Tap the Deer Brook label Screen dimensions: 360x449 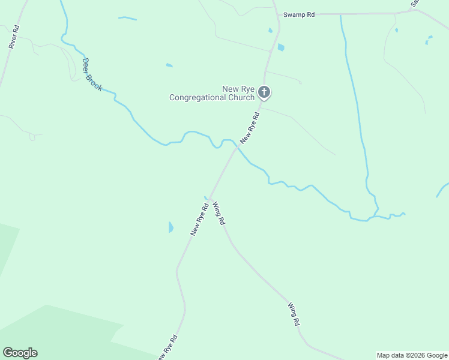tap(92, 75)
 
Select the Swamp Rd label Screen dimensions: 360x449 tap(299, 14)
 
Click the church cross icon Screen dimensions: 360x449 tap(264, 92)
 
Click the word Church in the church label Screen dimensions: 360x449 tap(243, 98)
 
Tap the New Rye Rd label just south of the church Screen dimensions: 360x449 tap(250, 128)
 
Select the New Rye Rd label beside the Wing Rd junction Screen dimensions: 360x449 tap(199, 220)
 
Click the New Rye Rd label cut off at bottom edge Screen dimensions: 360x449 tap(166, 348)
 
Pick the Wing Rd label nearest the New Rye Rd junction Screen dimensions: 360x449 tap(218, 213)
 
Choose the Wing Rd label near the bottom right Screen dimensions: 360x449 tap(294, 314)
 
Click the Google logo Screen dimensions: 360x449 tap(20, 353)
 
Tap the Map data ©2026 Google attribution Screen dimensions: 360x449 tap(412, 355)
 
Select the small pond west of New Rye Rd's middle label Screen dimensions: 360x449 tap(170, 227)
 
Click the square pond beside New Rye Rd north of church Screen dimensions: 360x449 tap(281, 47)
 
